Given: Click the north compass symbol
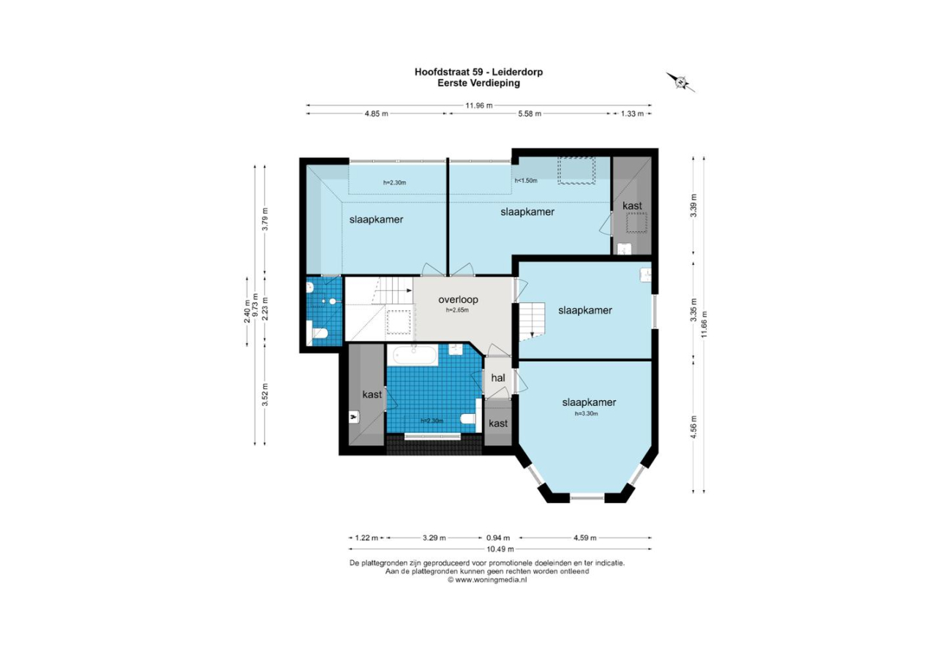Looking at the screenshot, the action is click(680, 81).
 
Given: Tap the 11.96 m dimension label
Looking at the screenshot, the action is click(479, 105).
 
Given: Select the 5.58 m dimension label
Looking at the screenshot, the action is click(530, 113).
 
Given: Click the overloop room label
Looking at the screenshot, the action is click(458, 300).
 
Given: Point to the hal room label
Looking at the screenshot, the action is click(498, 377).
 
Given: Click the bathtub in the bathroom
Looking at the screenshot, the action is click(415, 355).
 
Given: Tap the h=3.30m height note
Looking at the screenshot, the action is click(586, 413).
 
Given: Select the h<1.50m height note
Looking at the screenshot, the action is click(526, 181).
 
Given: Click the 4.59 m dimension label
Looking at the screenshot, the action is click(584, 538).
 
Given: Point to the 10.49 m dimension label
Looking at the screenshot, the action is click(500, 549).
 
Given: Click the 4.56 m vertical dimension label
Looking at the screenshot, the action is click(693, 427).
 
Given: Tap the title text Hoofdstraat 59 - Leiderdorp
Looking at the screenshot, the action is click(478, 72).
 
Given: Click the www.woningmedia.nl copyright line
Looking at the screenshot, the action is click(487, 580).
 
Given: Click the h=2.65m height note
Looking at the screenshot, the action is click(457, 310).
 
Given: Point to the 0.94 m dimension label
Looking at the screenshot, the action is click(498, 538).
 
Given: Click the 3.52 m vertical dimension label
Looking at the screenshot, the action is click(265, 395).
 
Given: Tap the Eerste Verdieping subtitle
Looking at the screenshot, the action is click(478, 83).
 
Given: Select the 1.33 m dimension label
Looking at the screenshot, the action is click(632, 113).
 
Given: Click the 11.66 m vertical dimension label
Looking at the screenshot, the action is click(704, 324).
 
